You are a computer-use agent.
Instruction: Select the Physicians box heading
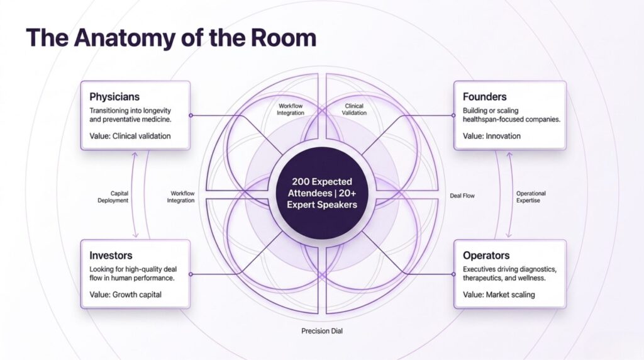tap(114, 97)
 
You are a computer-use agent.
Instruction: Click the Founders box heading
tap(484, 97)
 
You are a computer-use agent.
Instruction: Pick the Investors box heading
tap(111, 256)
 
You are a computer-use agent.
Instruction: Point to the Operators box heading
tap(486, 256)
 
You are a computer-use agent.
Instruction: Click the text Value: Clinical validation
tap(130, 135)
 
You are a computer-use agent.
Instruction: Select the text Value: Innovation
tap(492, 135)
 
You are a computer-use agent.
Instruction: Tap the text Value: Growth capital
tap(125, 294)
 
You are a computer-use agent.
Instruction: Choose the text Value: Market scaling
tap(499, 294)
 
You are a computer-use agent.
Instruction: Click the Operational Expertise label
tap(531, 196)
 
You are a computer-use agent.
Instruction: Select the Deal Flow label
tap(462, 196)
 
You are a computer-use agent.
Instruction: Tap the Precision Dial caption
tap(322, 331)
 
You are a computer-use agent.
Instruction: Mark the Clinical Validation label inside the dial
tap(354, 110)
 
